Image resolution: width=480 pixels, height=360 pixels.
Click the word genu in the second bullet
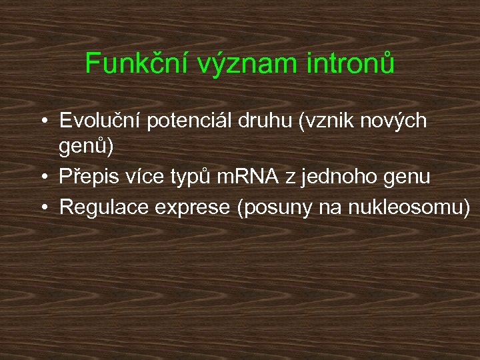click(407, 178)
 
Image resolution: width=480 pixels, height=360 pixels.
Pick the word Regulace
click(104, 207)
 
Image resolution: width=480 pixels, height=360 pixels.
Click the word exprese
click(192, 207)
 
